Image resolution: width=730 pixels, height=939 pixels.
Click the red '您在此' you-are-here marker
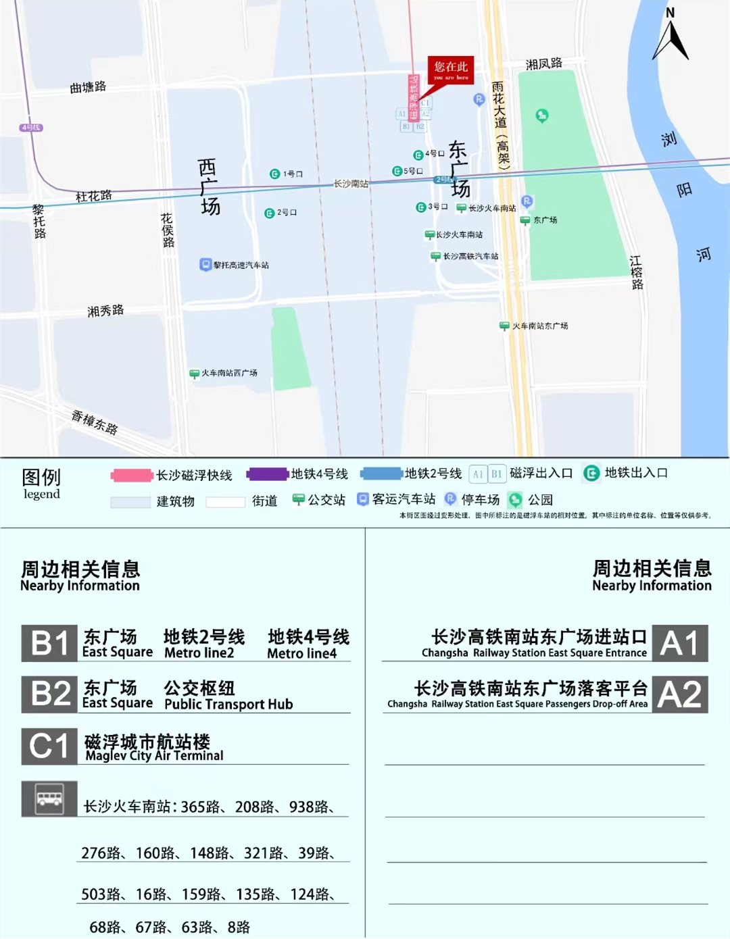pyautogui.click(x=451, y=69)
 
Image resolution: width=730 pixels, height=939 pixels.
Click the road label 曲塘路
pyautogui.click(x=88, y=87)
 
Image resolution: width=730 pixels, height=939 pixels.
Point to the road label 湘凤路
pyautogui.click(x=543, y=64)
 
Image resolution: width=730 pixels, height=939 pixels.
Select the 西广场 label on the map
pyautogui.click(x=209, y=187)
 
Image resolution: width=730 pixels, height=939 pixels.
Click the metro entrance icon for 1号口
pyautogui.click(x=274, y=174)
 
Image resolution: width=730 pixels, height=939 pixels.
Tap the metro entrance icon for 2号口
pyautogui.click(x=269, y=213)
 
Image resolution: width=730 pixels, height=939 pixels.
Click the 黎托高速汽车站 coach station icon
pyautogui.click(x=205, y=264)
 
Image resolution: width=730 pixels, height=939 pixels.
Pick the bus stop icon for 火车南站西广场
pyautogui.click(x=194, y=373)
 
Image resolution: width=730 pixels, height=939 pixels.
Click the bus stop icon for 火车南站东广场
pyautogui.click(x=504, y=326)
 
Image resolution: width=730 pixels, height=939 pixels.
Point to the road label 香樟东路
pyautogui.click(x=95, y=423)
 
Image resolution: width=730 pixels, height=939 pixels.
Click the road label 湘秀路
pyautogui.click(x=105, y=311)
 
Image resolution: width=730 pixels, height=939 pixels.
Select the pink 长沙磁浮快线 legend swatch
pyautogui.click(x=132, y=476)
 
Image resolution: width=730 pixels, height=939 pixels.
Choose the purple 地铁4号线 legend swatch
pyautogui.click(x=267, y=474)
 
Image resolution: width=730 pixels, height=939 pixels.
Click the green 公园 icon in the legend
pyautogui.click(x=515, y=500)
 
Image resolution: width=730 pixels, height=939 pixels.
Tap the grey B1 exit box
pyautogui.click(x=49, y=643)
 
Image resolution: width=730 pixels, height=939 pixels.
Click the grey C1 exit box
pyautogui.click(x=49, y=746)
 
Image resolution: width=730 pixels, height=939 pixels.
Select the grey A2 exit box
pyautogui.click(x=680, y=694)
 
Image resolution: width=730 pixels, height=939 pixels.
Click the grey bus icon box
pyautogui.click(x=49, y=799)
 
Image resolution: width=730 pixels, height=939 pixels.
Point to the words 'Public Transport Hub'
pyautogui.click(x=228, y=704)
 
